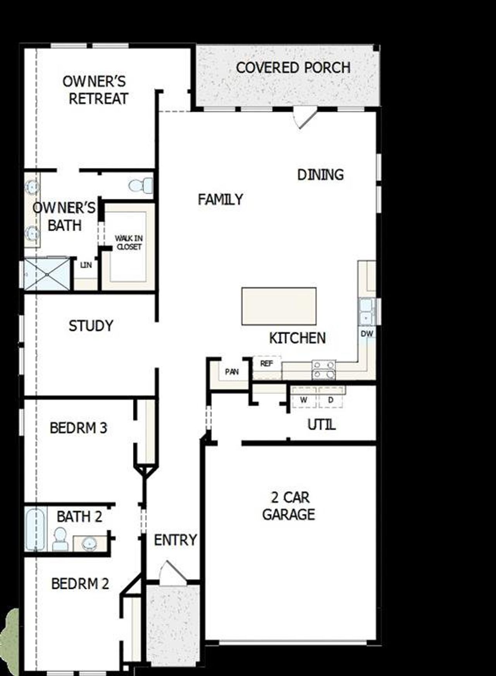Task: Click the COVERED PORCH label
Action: coord(293,68)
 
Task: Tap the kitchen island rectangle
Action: coord(279,306)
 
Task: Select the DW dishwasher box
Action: coord(367,333)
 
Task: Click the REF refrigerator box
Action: coord(267,364)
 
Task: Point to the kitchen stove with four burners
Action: coord(324,369)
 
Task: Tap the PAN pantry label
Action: coord(232,372)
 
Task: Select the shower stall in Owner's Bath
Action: coord(47,274)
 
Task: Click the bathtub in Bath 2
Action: coord(35,529)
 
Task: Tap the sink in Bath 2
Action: coord(90,544)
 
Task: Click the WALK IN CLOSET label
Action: coord(129,243)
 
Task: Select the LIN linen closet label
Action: coord(86,265)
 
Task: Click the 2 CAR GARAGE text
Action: coord(289,506)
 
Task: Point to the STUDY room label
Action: coord(91,326)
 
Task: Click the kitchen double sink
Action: coord(366,312)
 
